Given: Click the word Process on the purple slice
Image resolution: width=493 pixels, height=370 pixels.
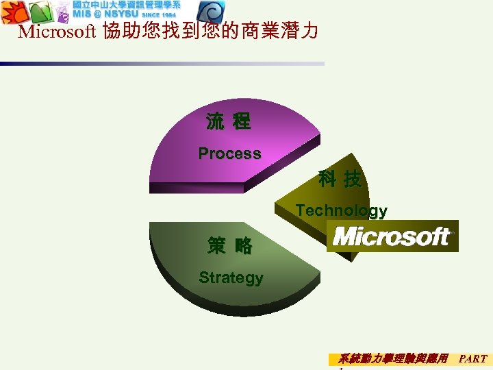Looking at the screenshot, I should (229, 153).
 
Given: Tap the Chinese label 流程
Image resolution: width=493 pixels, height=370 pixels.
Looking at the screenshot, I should (229, 123).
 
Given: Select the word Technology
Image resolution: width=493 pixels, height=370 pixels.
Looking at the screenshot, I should (341, 211).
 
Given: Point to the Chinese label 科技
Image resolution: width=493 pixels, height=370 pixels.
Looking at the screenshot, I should (340, 180).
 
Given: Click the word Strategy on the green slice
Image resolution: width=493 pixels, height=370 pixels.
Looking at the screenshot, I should (231, 277).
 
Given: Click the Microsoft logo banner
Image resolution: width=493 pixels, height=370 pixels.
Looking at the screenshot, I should (392, 236).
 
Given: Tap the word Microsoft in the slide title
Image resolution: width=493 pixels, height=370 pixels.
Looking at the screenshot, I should (58, 32).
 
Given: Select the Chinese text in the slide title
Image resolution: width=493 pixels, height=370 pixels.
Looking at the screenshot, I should (210, 32).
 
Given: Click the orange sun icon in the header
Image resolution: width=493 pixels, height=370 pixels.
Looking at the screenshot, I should (14, 12).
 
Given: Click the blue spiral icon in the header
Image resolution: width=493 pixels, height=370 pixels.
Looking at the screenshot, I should (210, 12).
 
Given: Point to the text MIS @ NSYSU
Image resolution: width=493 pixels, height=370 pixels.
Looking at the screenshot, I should (105, 14).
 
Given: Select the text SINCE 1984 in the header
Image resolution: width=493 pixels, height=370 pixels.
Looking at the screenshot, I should (159, 15).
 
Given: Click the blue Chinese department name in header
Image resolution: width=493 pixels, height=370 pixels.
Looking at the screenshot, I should (127, 5).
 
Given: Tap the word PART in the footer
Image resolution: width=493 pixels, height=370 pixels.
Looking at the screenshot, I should (472, 358).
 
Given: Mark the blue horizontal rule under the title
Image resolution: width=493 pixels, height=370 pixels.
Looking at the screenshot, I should (162, 64).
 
